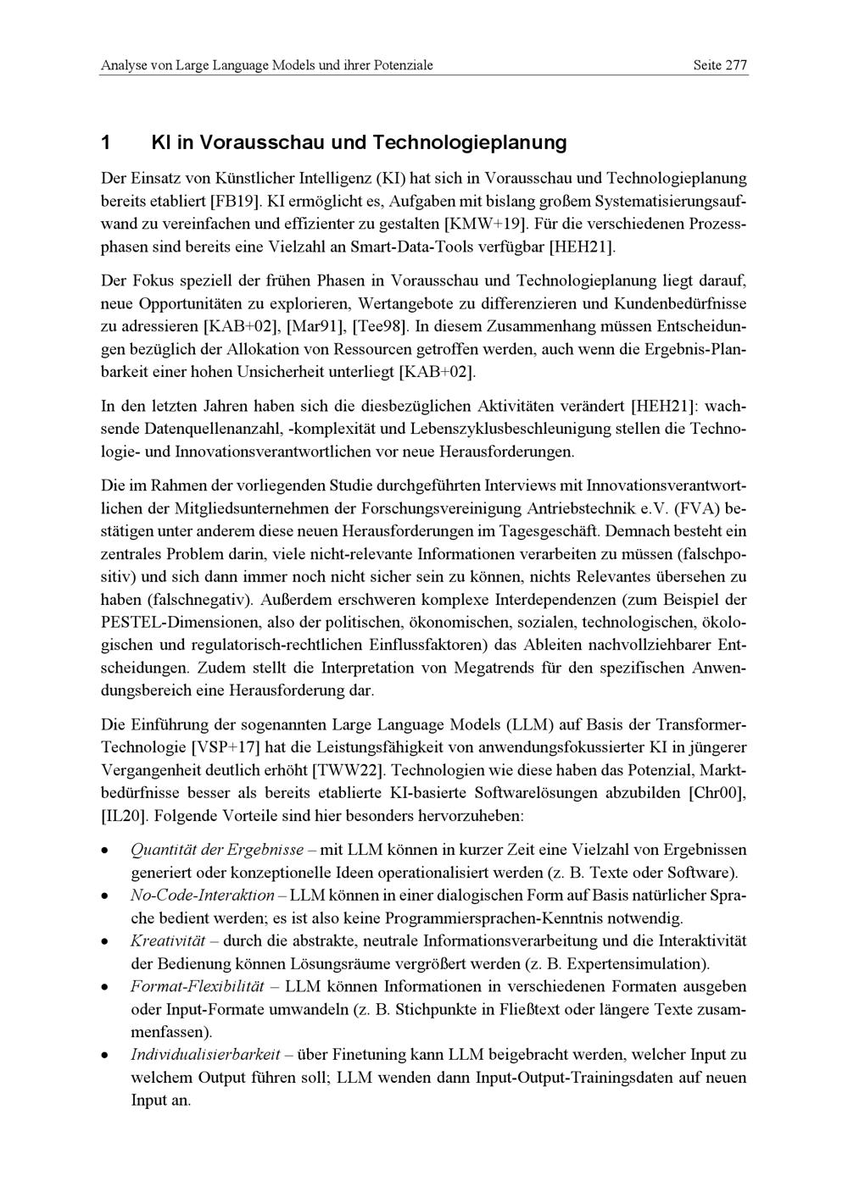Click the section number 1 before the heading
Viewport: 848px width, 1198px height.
click(x=105, y=142)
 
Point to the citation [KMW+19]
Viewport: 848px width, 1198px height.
click(x=486, y=225)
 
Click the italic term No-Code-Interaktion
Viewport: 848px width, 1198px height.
click(x=202, y=896)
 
